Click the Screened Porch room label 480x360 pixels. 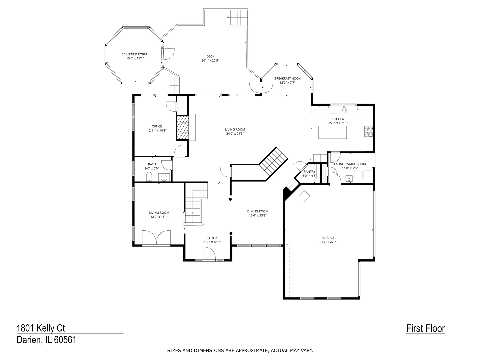tap(135, 54)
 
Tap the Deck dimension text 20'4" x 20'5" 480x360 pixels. tap(210, 61)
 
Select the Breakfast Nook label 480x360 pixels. tap(287, 79)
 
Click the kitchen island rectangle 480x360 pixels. tap(332, 132)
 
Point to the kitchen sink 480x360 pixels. tap(344, 110)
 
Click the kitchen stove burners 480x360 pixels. tap(368, 131)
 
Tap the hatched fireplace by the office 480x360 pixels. tap(182, 127)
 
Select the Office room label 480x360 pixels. tap(157, 126)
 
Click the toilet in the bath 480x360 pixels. tap(149, 177)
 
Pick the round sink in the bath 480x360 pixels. tap(164, 178)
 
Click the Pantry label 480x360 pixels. tap(309, 172)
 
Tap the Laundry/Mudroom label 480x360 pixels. tap(350, 164)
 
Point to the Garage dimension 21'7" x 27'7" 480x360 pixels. tap(328, 242)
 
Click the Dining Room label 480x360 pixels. tap(258, 211)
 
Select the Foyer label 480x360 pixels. tap(212, 238)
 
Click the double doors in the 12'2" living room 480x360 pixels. tap(156, 238)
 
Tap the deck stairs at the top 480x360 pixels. tap(238, 17)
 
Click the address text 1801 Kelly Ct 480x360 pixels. tap(41, 328)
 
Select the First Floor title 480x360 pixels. tap(425, 328)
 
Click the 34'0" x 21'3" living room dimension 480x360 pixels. tap(235, 134)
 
